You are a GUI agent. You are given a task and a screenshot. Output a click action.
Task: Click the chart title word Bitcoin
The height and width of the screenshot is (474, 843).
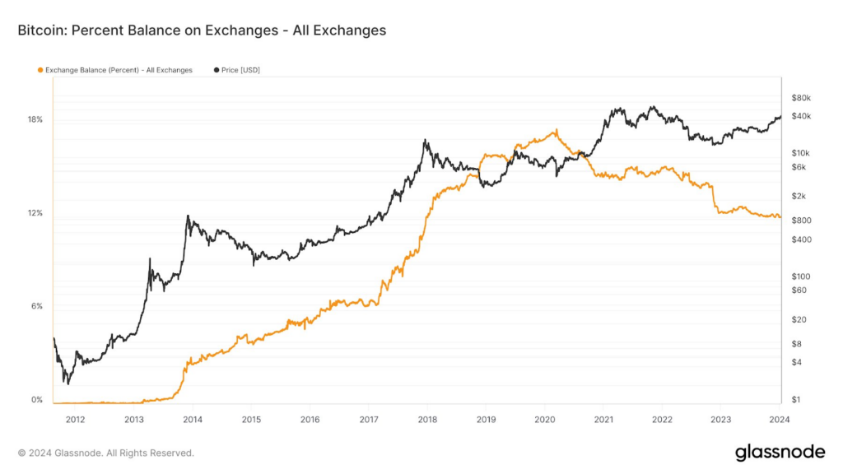click(x=42, y=30)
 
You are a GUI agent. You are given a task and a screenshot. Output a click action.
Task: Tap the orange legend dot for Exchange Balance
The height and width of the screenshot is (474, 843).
click(x=40, y=70)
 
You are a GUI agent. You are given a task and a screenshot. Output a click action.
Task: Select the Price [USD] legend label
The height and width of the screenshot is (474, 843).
click(x=240, y=70)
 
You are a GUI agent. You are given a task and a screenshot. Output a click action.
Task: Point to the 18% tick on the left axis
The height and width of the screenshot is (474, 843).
click(x=35, y=119)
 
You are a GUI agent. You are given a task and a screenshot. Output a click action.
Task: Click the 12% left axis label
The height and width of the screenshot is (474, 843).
click(x=35, y=213)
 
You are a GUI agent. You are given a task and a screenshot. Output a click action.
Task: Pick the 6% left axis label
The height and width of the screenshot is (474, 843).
click(x=37, y=306)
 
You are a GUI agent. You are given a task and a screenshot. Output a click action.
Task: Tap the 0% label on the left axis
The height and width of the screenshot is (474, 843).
click(x=37, y=400)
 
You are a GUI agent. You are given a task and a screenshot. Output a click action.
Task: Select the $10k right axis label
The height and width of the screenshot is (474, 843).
click(x=800, y=153)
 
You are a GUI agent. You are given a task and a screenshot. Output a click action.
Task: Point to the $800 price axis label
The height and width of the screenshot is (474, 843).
click(x=800, y=221)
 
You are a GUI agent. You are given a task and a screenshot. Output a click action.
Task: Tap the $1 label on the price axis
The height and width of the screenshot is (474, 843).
click(x=795, y=400)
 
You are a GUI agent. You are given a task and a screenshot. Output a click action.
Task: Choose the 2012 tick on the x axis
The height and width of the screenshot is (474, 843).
click(x=75, y=419)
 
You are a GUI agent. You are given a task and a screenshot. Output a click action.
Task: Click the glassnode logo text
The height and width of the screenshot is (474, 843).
click(x=780, y=452)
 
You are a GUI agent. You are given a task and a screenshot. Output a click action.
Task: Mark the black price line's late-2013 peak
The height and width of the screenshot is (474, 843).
click(x=189, y=216)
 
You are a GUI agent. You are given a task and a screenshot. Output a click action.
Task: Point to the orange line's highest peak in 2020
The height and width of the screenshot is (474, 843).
click(x=557, y=130)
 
